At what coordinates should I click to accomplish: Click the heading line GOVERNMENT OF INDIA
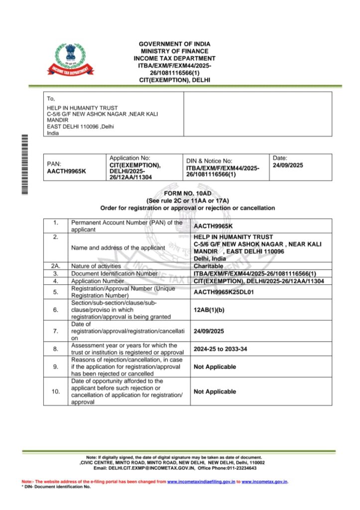pos(174,44)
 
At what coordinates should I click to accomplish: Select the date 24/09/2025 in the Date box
pos(288,165)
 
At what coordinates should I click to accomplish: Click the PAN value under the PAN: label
pos(67,171)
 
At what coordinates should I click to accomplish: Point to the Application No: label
pos(129,158)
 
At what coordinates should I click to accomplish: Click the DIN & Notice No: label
pos(209,161)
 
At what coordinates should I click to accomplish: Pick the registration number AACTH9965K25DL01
pos(224,292)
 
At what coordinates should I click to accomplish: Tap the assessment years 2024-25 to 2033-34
pos(220,349)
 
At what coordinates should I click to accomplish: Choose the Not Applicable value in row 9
pos(215,367)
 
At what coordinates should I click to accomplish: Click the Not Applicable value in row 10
pos(215,391)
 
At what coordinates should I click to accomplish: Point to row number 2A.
pos(55,266)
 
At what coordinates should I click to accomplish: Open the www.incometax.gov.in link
pos(264,482)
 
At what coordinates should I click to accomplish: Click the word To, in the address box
pos(51,99)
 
